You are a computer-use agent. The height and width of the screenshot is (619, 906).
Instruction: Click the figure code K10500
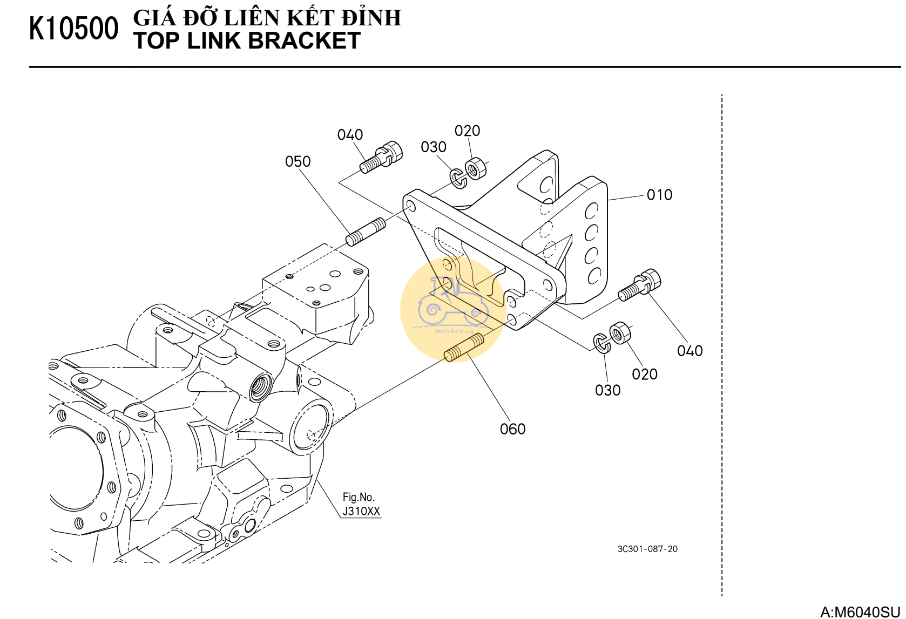(x=73, y=29)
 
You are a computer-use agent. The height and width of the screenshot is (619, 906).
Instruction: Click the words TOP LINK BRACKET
(x=247, y=41)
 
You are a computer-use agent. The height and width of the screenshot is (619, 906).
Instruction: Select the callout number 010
(x=659, y=195)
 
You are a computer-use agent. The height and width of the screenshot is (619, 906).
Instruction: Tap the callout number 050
(x=298, y=161)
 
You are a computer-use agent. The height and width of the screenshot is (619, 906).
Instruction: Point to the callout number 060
(x=512, y=429)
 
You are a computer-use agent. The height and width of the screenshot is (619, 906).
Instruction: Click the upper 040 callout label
(x=350, y=135)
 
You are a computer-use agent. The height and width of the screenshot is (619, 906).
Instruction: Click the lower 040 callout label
(x=689, y=351)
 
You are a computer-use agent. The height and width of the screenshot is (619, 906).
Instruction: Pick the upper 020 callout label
(x=467, y=131)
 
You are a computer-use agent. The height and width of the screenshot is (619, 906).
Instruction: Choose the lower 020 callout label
(x=644, y=375)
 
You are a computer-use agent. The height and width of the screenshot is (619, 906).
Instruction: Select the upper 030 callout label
(x=434, y=147)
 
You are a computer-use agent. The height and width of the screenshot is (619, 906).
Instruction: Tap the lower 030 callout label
(x=607, y=390)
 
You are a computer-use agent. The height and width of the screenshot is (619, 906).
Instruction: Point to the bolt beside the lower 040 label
(x=640, y=285)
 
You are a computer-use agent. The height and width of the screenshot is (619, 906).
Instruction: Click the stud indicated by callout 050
(x=366, y=232)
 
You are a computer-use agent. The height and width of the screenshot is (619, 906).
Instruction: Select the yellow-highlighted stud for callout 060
(x=464, y=348)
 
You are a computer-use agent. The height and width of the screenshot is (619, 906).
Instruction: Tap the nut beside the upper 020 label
(x=475, y=168)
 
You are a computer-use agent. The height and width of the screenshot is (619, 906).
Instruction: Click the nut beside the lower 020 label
(x=619, y=332)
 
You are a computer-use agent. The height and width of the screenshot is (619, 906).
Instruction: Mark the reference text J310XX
(x=361, y=511)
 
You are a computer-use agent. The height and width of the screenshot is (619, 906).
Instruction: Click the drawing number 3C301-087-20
(x=647, y=549)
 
